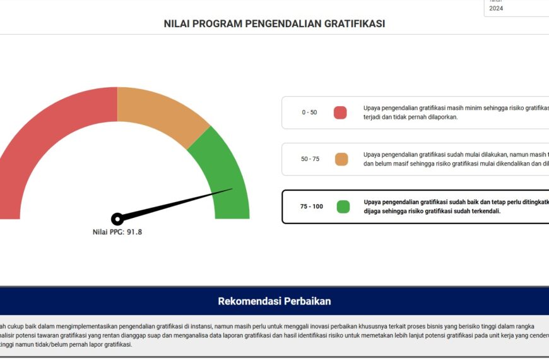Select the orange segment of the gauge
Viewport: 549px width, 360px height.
(x=158, y=114)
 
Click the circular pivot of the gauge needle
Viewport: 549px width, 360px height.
(x=117, y=219)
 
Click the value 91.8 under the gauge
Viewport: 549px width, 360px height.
(x=134, y=232)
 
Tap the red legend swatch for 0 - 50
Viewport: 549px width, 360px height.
(x=340, y=112)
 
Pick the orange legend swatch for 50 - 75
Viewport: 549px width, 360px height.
(x=341, y=159)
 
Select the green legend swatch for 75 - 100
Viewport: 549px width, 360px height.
(x=343, y=207)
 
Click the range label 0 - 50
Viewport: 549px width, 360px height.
(x=309, y=112)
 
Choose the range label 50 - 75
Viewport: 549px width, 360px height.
(x=310, y=159)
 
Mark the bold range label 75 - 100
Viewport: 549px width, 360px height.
(x=312, y=207)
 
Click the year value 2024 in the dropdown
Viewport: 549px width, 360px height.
(x=496, y=8)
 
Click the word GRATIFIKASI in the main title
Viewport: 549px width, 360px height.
(x=354, y=24)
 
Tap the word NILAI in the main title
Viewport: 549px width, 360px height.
(x=177, y=24)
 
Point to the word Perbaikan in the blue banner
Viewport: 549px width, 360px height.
(x=306, y=301)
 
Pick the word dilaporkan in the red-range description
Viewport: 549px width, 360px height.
(x=438, y=117)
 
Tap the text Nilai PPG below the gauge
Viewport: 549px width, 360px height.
(x=109, y=232)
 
